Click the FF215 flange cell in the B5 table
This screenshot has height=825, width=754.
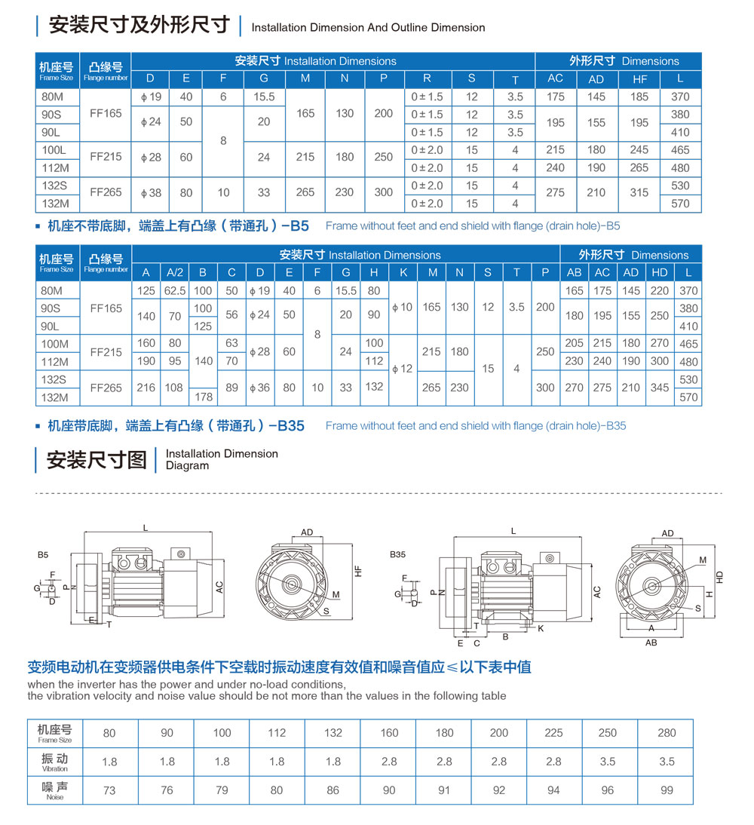pos(106,158)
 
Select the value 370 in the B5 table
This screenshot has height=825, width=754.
pos(680,97)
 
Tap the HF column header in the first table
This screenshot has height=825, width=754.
pos(639,79)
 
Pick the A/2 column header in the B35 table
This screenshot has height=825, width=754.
pos(175,273)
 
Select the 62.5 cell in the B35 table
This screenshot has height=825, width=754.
pos(175,290)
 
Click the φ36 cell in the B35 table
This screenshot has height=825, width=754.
pos(260,388)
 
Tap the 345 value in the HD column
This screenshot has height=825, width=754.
pos(660,388)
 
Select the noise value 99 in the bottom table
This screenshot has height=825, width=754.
pos(666,790)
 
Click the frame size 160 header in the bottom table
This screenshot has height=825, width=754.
pos(388,732)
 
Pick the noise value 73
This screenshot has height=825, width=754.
pos(109,790)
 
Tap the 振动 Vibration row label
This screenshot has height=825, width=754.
pos(54,762)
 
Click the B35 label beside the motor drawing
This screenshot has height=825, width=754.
pos(398,554)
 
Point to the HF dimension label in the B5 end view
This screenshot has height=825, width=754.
pos(359,572)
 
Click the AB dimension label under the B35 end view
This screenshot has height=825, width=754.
pos(651,643)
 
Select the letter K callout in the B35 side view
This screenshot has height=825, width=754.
pos(541,627)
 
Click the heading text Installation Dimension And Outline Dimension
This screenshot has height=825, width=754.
pos(368,27)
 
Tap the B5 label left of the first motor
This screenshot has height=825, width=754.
pos(43,554)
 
